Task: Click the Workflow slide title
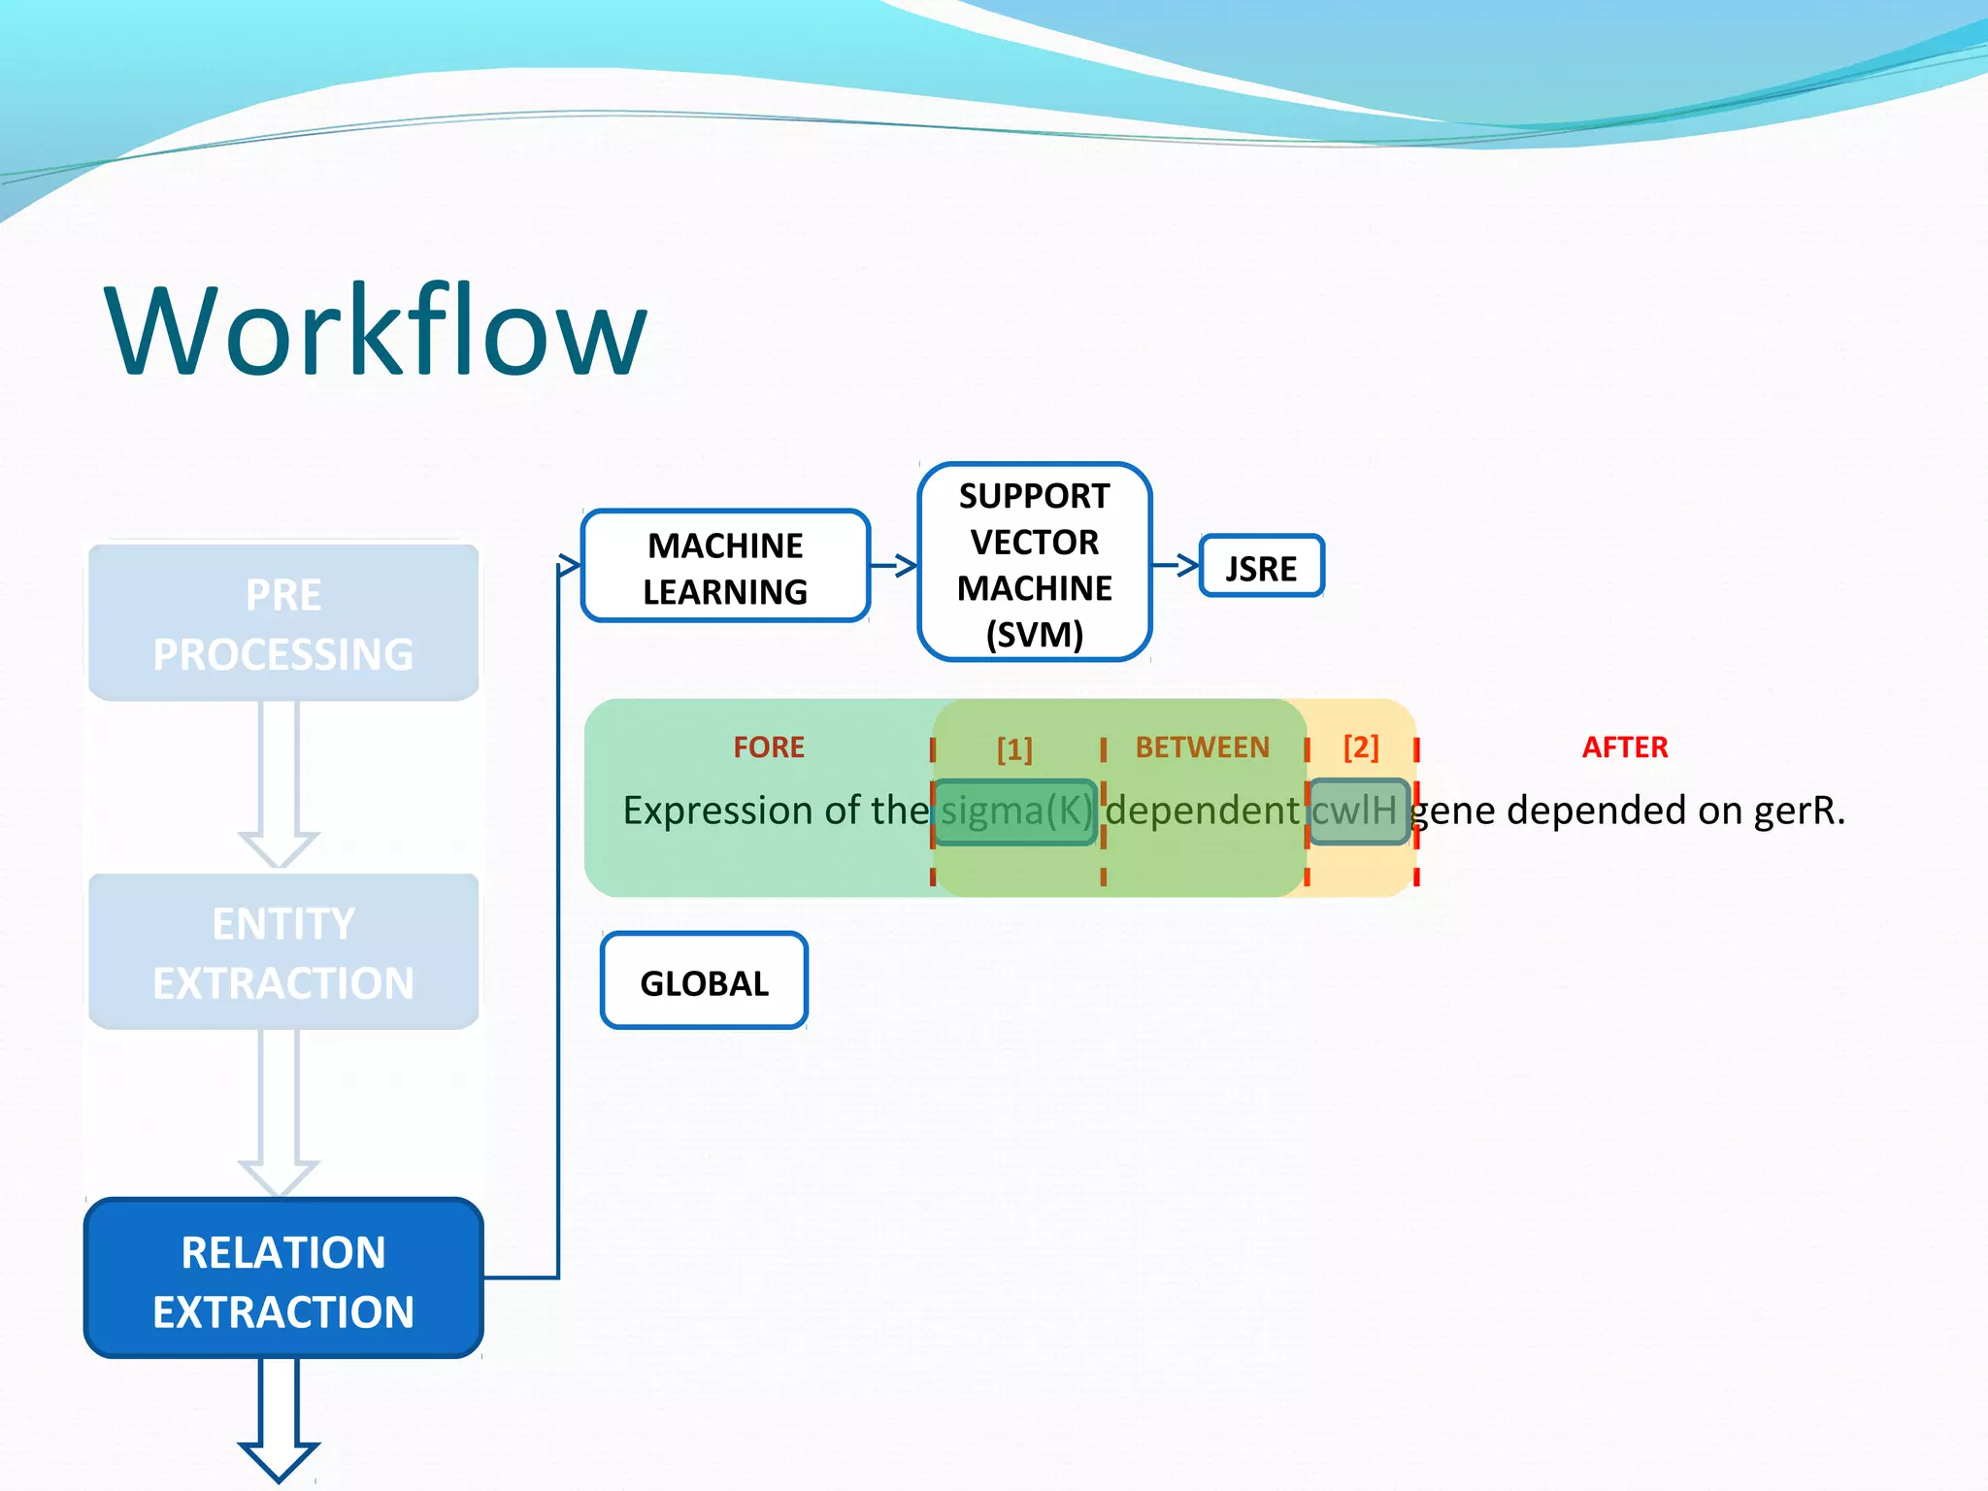click(x=376, y=330)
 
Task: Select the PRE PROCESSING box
click(x=283, y=623)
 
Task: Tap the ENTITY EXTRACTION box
click(x=283, y=952)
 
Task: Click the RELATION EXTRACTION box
click(x=283, y=1279)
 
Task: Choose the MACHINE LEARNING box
click(x=725, y=567)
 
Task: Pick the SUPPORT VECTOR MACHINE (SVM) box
click(x=1034, y=563)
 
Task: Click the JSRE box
click(x=1261, y=567)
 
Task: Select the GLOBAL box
click(x=704, y=981)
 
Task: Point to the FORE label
click(x=768, y=746)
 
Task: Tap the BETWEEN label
click(x=1202, y=746)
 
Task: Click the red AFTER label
click(x=1624, y=746)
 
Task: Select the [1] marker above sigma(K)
click(x=1014, y=748)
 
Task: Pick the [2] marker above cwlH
click(x=1360, y=746)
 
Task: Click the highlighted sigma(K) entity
click(x=1015, y=812)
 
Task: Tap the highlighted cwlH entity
click(x=1357, y=811)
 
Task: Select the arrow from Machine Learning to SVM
click(x=893, y=565)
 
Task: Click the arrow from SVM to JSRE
click(x=1176, y=564)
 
